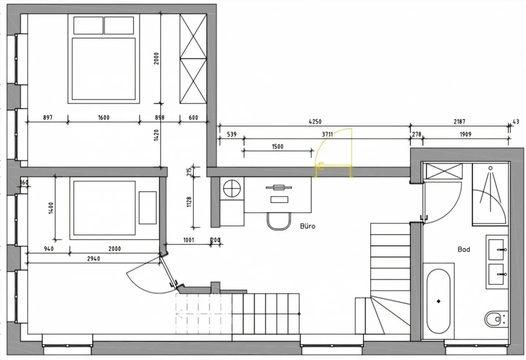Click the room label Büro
pyautogui.click(x=307, y=226)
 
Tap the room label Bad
pyautogui.click(x=464, y=249)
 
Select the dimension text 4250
pyautogui.click(x=315, y=122)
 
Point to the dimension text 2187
pyautogui.click(x=459, y=122)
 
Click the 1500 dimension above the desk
pyautogui.click(x=277, y=146)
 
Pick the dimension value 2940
pyautogui.click(x=93, y=258)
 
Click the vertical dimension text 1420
pyautogui.click(x=156, y=135)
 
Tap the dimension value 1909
pyautogui.click(x=465, y=134)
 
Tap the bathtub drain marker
pyautogui.click(x=438, y=301)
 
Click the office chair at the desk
pyautogui.click(x=278, y=221)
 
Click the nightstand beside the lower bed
pyautogui.click(x=148, y=207)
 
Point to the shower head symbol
pyautogui.click(x=490, y=168)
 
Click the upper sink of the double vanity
pyautogui.click(x=497, y=250)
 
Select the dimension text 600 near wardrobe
pyautogui.click(x=193, y=118)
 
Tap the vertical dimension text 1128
pyautogui.click(x=189, y=202)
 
